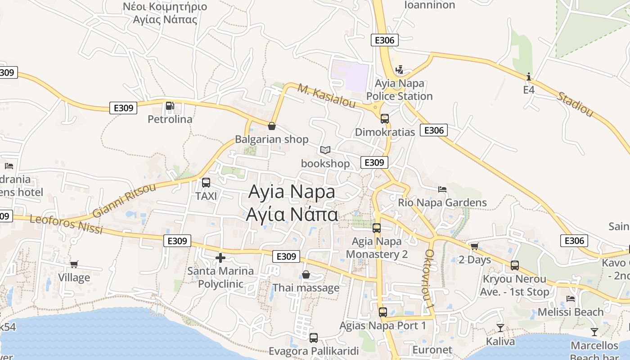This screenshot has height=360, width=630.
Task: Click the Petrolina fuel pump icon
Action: [170, 106]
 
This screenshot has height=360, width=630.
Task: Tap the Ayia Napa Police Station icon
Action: [399, 70]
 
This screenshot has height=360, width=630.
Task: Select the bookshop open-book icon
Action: [325, 150]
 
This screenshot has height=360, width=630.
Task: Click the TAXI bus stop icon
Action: [206, 183]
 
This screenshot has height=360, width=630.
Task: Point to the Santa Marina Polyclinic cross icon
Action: [220, 258]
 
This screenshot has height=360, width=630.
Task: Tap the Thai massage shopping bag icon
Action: [306, 274]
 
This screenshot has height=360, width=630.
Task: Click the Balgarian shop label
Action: [272, 139]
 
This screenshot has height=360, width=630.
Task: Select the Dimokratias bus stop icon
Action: [385, 119]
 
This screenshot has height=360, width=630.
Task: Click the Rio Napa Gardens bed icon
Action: [442, 189]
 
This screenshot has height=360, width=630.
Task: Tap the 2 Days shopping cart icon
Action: [474, 247]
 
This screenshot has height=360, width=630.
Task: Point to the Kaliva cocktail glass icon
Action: [500, 328]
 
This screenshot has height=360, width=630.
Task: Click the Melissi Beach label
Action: [571, 312]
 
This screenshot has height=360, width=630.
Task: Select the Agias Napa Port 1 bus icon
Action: [383, 312]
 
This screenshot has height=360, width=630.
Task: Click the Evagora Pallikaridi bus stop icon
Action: [314, 337]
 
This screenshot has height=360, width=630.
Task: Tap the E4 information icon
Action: [529, 76]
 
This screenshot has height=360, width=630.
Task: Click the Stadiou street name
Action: [576, 104]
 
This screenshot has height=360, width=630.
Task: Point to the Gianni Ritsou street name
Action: [124, 201]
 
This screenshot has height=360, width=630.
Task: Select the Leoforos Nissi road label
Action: [66, 224]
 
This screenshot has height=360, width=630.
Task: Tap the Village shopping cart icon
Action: [74, 265]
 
